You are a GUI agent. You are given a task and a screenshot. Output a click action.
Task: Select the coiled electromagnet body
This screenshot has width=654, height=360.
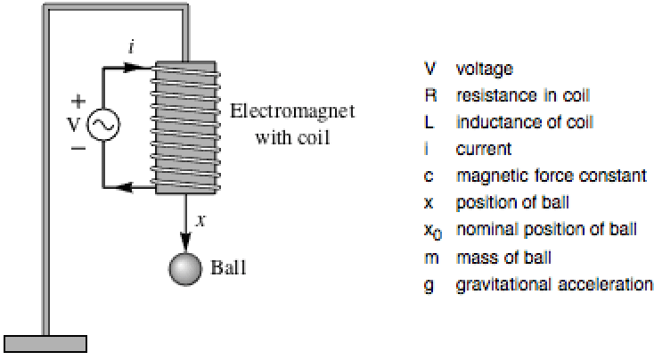tap(185, 127)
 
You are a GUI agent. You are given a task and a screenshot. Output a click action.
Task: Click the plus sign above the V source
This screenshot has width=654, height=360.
tap(78, 101)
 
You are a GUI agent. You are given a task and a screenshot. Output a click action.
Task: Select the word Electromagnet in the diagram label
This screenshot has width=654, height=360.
tap(291, 112)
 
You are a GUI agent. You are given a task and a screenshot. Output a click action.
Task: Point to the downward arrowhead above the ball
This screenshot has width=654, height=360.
tap(186, 240)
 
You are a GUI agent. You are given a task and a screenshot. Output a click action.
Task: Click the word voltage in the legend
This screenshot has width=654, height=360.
tap(484, 68)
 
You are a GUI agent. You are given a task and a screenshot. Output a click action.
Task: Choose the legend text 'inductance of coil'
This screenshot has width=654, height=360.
tap(511, 121)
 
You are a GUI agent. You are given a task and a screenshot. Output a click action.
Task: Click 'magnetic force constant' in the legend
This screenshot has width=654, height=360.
tap(537, 176)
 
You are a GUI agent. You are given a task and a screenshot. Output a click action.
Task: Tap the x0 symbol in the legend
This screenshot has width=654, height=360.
tap(431, 231)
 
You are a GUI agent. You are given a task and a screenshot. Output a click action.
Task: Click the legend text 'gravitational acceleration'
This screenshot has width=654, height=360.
tap(553, 285)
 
